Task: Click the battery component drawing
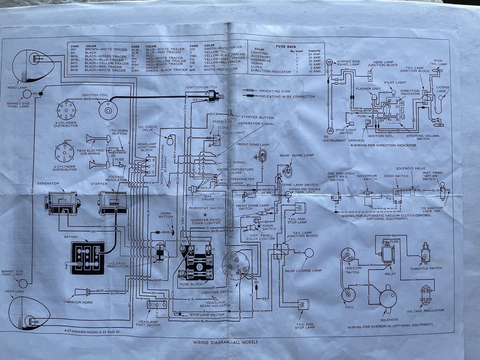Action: tap(88, 258)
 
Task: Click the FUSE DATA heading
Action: tap(286, 47)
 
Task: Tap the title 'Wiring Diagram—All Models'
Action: tap(225, 342)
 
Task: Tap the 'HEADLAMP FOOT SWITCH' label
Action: tap(148, 323)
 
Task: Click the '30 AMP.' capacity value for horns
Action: tap(315, 64)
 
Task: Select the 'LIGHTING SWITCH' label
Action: tap(217, 292)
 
